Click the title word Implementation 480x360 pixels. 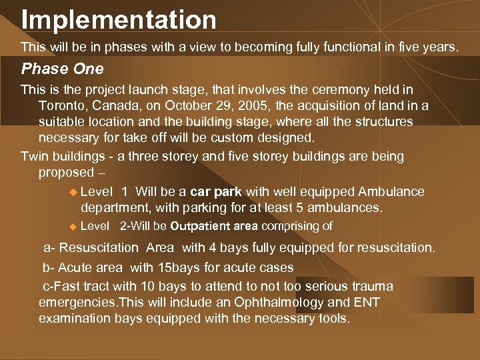click(119, 19)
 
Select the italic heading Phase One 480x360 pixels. click(62, 69)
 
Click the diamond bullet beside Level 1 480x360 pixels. click(73, 192)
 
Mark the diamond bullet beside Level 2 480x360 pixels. click(73, 227)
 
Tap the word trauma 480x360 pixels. click(371, 287)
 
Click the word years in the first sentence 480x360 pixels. click(441, 47)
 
